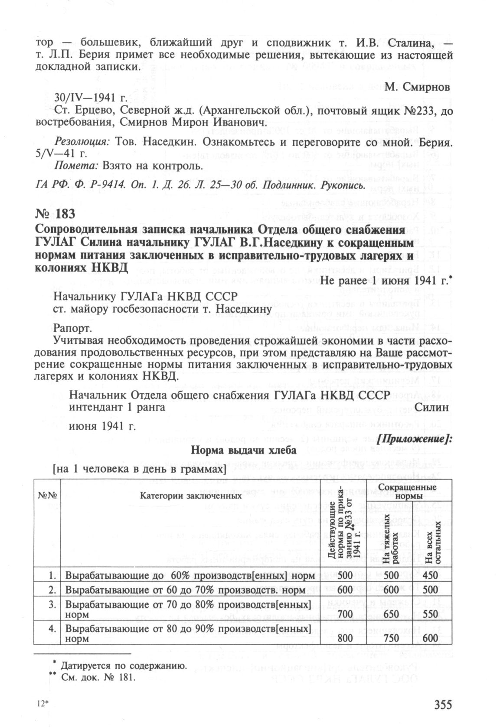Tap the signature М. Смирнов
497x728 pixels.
pyautogui.click(x=417, y=87)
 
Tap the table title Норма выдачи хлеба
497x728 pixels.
pyautogui.click(x=244, y=451)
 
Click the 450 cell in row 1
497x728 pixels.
pyautogui.click(x=431, y=576)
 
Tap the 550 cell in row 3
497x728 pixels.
pyautogui.click(x=431, y=614)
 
